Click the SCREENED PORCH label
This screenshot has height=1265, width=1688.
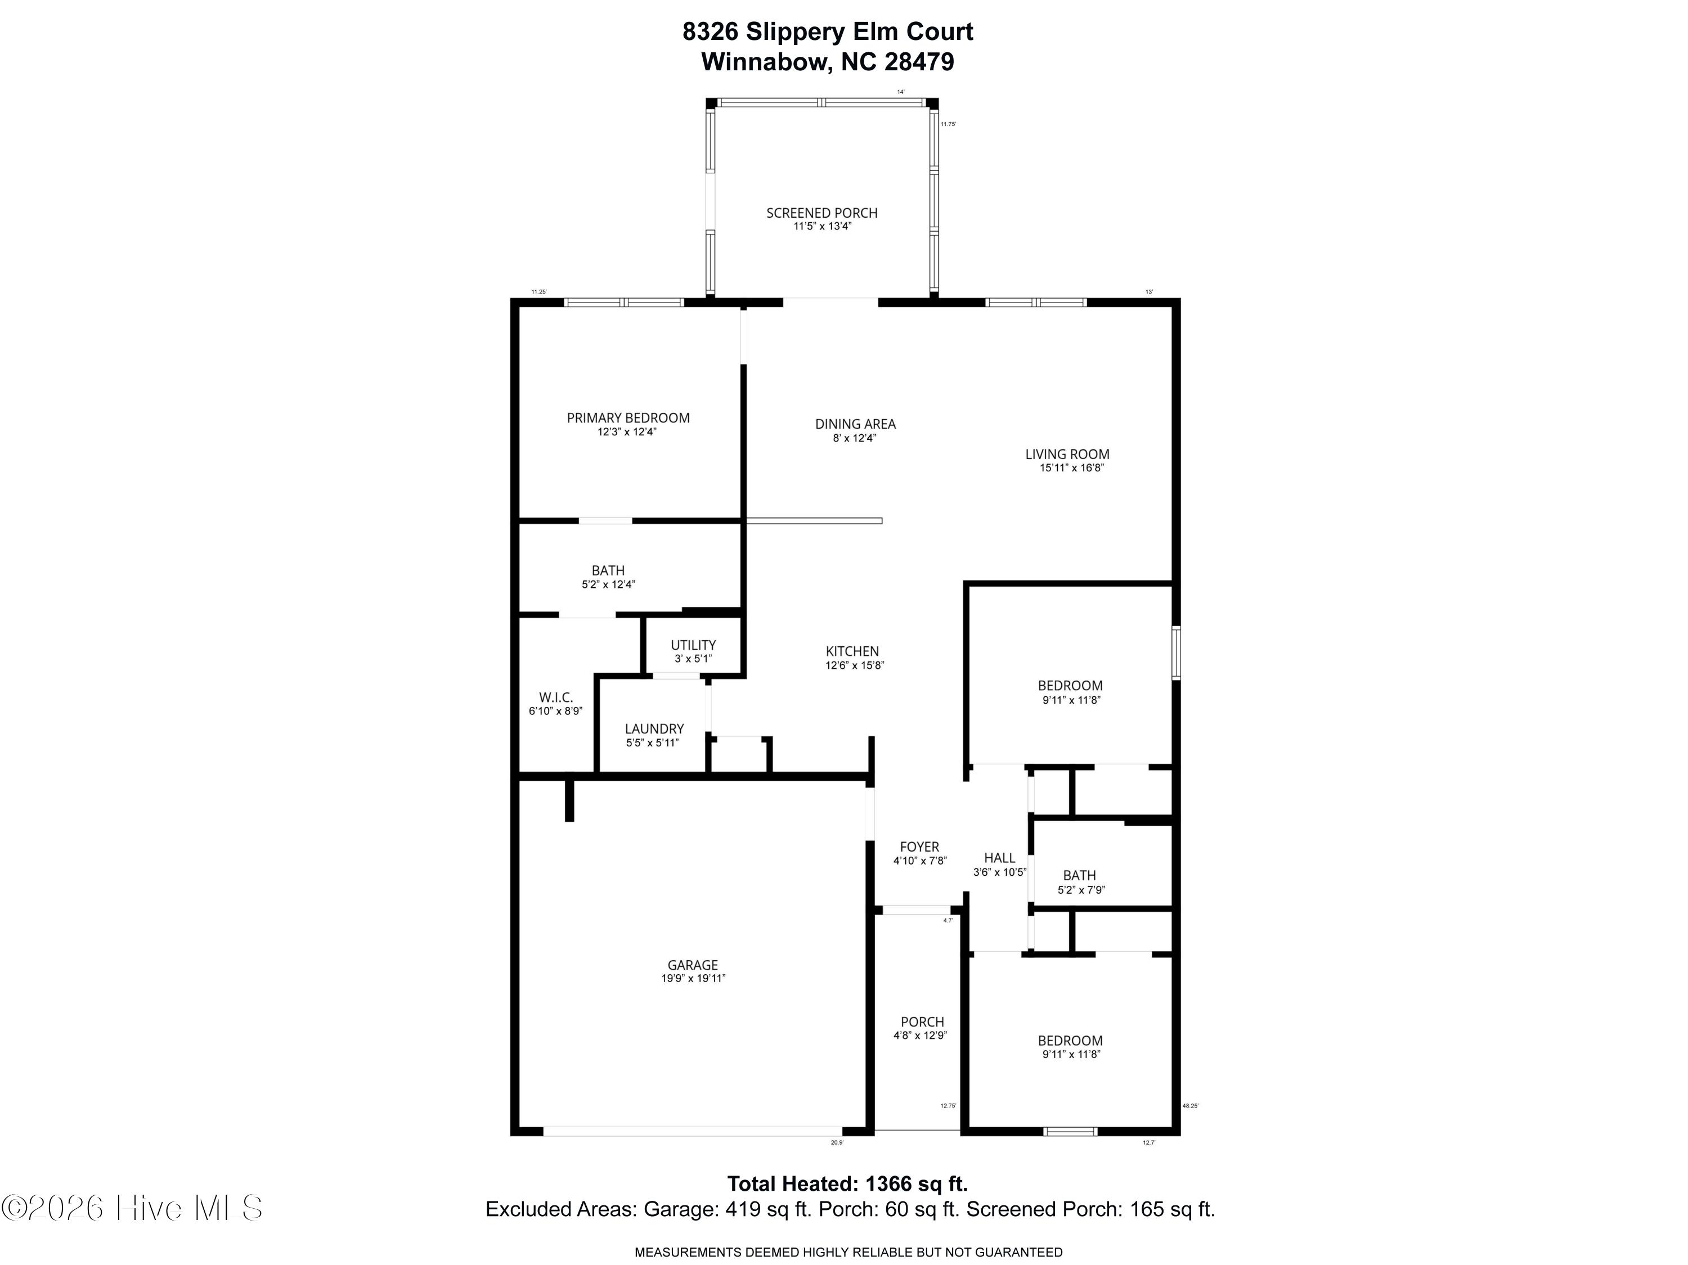[x=822, y=213]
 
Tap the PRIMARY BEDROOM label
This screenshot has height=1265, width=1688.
[x=628, y=417]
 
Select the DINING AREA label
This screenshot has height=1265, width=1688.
[x=855, y=424]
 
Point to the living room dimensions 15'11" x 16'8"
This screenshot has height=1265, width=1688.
[x=1071, y=468]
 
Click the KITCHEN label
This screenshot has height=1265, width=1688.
[x=852, y=651]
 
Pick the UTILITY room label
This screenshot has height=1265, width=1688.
[x=693, y=645]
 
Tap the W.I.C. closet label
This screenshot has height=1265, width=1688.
[x=555, y=697]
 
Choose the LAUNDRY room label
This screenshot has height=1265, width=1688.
[x=654, y=728]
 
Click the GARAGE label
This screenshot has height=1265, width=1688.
[x=693, y=965]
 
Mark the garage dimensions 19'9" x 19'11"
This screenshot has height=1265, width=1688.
[x=693, y=978]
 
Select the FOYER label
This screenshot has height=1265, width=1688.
[x=919, y=847]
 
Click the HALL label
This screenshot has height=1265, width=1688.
[x=999, y=858]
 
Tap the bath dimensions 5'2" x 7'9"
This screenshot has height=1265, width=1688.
[x=1080, y=890]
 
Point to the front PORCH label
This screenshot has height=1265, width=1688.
[x=922, y=1021]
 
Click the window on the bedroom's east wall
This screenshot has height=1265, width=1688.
[x=1176, y=652]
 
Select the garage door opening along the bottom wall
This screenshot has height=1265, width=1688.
[x=692, y=1132]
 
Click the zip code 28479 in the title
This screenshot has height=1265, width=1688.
[x=919, y=62]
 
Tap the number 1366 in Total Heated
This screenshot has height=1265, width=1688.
[x=889, y=1184]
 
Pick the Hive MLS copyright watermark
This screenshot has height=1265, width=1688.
[x=133, y=1208]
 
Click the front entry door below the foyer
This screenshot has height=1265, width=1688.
[x=917, y=910]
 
